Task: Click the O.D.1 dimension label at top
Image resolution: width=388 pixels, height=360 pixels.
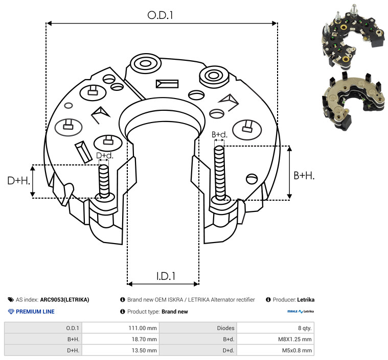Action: (160, 15)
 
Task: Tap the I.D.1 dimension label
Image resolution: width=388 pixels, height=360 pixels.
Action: (166, 276)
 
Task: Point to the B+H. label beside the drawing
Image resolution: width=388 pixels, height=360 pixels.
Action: (304, 176)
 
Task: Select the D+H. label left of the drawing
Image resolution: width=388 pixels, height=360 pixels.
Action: (19, 180)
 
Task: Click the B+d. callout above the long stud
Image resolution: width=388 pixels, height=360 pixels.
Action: (219, 134)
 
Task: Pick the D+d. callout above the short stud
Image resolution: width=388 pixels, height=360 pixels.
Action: (104, 156)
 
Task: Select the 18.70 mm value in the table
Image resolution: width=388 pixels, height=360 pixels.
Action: (144, 339)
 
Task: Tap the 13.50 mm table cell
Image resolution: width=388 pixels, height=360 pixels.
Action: (144, 350)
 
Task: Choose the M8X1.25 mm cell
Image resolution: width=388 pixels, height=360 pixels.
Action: (295, 339)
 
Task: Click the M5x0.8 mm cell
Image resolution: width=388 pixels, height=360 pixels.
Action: (296, 350)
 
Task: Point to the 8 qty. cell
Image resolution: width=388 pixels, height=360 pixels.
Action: (305, 328)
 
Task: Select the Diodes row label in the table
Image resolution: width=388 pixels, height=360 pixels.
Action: (225, 328)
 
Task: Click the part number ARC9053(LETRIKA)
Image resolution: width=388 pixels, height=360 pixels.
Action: (64, 300)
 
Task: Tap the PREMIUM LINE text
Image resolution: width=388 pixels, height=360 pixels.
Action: (35, 311)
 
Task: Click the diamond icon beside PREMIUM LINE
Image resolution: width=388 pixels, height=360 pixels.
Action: (11, 311)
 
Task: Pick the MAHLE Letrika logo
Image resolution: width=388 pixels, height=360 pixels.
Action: (301, 311)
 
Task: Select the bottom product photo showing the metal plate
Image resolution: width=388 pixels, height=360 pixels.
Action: (354, 101)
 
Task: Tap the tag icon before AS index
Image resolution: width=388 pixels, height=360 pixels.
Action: (11, 300)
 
